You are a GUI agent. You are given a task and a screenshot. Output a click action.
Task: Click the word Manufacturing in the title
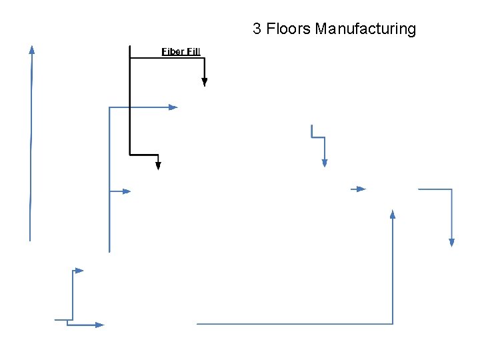point(365,29)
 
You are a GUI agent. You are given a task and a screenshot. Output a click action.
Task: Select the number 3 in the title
point(257,29)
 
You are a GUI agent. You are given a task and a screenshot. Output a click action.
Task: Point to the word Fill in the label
point(193,51)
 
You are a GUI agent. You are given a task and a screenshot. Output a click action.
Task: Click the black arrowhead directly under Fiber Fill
point(205,82)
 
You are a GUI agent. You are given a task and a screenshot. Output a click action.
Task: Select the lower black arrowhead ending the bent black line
point(158,165)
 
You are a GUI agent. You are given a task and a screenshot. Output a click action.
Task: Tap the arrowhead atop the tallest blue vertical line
point(31,49)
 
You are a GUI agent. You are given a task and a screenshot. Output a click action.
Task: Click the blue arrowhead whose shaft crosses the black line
point(173,107)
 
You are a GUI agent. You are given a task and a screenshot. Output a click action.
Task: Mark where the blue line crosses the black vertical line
point(129,107)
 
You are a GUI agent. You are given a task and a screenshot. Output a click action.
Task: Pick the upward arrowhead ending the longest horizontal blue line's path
point(393,214)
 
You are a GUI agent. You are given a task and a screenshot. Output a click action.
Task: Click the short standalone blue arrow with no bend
point(359,189)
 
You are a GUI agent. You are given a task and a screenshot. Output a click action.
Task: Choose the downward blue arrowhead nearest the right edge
point(451,243)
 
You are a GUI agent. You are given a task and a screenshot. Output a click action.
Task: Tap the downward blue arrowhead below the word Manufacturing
point(325,163)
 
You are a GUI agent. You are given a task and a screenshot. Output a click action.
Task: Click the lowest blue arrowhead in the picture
point(99,325)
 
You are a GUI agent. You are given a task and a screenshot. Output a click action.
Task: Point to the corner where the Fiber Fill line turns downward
point(205,59)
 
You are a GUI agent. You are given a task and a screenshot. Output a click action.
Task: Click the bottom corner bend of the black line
point(130,155)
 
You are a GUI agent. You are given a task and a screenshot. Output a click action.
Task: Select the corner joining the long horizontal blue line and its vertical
point(393,324)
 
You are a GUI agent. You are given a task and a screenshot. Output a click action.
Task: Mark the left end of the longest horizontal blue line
point(197,324)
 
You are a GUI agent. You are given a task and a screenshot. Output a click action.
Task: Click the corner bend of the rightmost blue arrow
point(451,189)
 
